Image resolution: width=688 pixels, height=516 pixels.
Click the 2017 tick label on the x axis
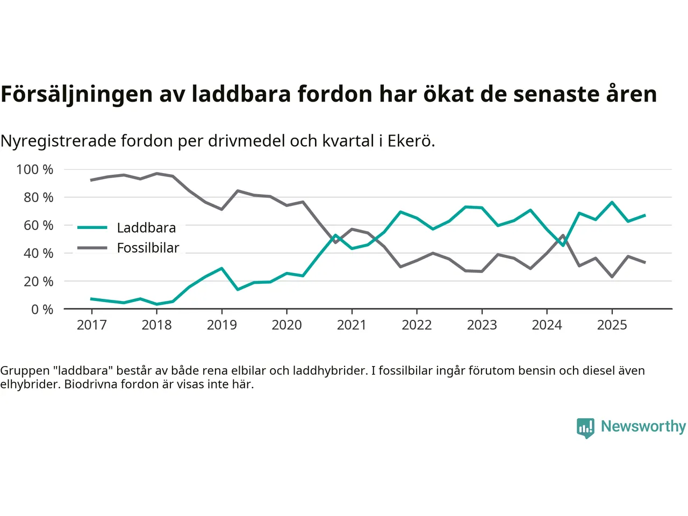coord(91,325)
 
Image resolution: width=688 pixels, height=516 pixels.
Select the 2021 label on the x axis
coord(352,325)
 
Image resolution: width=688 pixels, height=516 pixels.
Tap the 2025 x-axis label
coord(612,325)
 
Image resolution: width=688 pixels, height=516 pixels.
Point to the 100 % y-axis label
coord(35,169)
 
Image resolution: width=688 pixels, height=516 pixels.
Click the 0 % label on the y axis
coord(42,309)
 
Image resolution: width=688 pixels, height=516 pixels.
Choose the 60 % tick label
coord(38,225)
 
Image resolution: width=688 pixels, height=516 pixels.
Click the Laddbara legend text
coord(146,228)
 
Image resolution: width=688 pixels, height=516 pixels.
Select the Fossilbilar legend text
coord(148,248)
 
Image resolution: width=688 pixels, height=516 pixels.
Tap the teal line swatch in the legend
coord(92,228)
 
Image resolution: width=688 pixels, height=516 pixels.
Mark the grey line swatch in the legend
coord(92,248)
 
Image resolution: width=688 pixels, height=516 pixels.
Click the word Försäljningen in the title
coord(76,94)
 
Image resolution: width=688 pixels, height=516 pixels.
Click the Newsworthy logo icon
coord(585,428)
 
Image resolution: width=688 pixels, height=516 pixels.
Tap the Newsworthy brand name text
coord(643,426)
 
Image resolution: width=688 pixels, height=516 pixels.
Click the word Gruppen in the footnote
coord(25,370)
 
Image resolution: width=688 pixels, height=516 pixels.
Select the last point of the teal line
coord(644,215)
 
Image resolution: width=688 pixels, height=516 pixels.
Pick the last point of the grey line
coord(644,262)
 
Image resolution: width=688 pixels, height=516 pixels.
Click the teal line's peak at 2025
coord(612,202)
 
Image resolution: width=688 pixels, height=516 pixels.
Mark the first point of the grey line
coord(91,180)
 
